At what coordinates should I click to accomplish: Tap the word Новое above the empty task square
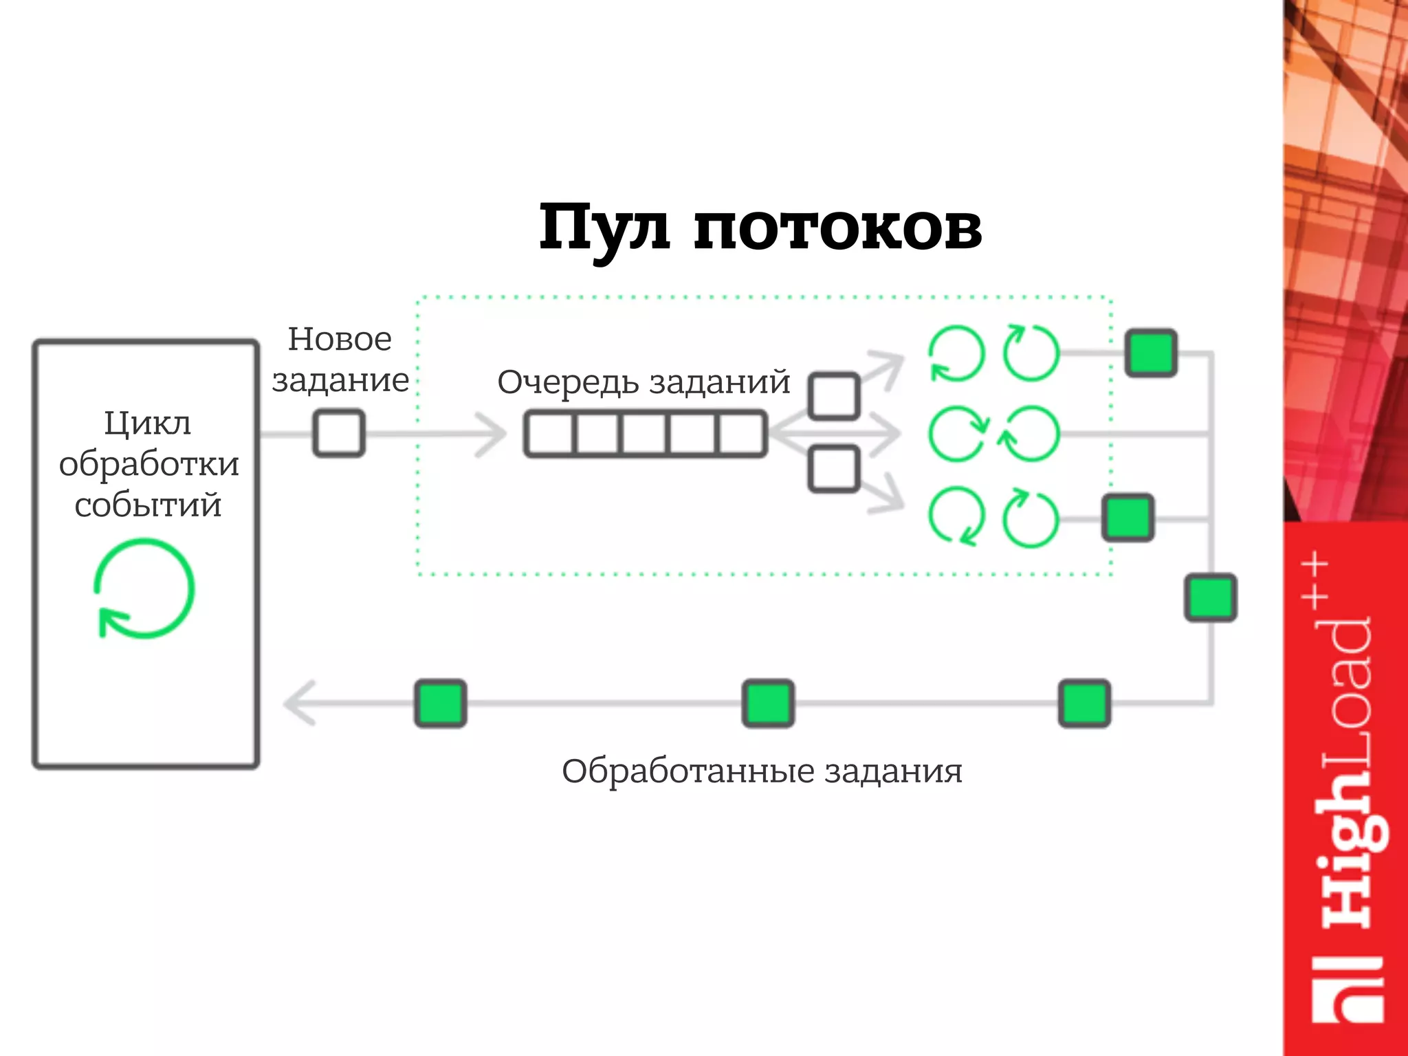340,339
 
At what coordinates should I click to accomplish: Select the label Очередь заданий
643,382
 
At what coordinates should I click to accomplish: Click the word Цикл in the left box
147,423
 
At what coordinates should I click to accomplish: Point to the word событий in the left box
148,505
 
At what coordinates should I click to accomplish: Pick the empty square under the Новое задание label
339,433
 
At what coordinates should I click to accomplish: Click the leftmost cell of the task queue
550,434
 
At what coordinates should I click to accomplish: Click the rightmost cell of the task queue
741,434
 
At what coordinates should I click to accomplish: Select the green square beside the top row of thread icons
1151,353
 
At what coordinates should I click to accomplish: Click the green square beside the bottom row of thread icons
1127,518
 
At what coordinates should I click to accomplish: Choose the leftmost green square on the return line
441,703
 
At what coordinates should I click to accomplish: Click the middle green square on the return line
768,703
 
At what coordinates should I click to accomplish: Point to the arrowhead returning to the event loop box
300,703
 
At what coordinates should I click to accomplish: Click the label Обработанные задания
762,771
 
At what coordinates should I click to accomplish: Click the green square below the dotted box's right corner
1210,597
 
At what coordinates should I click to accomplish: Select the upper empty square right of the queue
834,397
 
